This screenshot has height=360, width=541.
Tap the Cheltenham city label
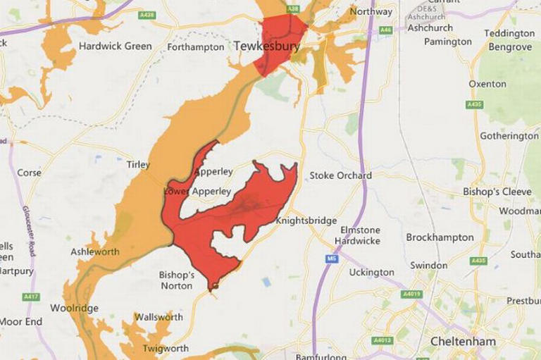[x=463, y=342]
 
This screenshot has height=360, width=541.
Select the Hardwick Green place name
[x=115, y=46]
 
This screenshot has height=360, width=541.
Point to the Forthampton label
[x=197, y=47]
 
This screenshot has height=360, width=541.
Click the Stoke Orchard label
[x=341, y=175]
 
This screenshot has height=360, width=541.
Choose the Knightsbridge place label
[x=306, y=221]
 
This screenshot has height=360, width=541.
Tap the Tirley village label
[x=138, y=165]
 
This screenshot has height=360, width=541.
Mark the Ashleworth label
[x=95, y=252]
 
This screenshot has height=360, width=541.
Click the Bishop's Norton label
[x=176, y=280]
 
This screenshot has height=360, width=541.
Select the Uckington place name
[x=371, y=272]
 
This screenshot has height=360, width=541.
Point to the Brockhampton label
[x=440, y=237]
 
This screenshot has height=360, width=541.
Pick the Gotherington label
[x=509, y=135]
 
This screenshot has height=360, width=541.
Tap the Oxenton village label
[x=487, y=84]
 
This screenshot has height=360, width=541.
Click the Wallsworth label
[x=158, y=317]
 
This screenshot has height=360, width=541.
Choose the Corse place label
[x=29, y=173]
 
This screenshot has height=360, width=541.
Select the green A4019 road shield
[x=411, y=294]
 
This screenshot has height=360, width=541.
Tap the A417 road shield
[x=31, y=297]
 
